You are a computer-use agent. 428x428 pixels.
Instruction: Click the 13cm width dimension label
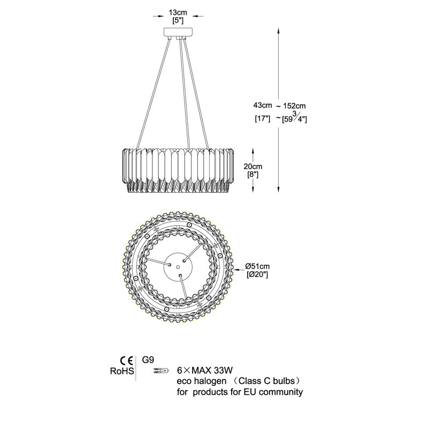pyautogui.click(x=178, y=12)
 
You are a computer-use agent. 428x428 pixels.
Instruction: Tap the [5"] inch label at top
pyautogui.click(x=178, y=20)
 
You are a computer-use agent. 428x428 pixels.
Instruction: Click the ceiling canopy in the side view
pyautogui.click(x=178, y=32)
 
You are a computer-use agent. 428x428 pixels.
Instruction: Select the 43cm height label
pyautogui.click(x=263, y=105)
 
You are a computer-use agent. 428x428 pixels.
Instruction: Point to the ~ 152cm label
pyautogui.click(x=291, y=106)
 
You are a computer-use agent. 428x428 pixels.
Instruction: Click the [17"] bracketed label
pyautogui.click(x=262, y=119)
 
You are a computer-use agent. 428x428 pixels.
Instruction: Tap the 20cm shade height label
pyautogui.click(x=253, y=166)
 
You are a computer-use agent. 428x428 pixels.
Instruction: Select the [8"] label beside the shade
pyautogui.click(x=253, y=174)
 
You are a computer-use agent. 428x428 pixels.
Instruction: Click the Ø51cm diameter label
pyautogui.click(x=257, y=266)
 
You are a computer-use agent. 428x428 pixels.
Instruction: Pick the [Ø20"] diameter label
pyautogui.click(x=257, y=274)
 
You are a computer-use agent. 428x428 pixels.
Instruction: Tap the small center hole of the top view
pyautogui.click(x=178, y=266)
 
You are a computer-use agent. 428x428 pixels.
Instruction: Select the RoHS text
pyautogui.click(x=122, y=371)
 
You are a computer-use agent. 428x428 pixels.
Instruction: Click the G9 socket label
pyautogui.click(x=149, y=360)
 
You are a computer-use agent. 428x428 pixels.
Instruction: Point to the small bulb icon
pyautogui.click(x=161, y=371)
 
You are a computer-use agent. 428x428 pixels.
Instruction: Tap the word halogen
pyautogui.click(x=210, y=381)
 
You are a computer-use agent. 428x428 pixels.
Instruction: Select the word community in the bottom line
pyautogui.click(x=281, y=393)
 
